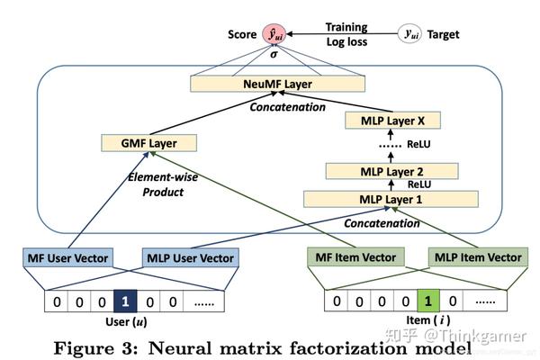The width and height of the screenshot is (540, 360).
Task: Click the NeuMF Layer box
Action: click(x=277, y=84)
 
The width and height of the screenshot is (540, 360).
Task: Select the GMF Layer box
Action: click(x=148, y=143)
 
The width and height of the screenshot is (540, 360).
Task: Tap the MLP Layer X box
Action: click(x=392, y=121)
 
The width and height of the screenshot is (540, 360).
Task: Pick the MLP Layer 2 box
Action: click(x=391, y=171)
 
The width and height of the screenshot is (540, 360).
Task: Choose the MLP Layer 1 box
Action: click(x=391, y=199)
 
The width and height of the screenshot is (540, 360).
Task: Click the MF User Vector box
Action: click(x=67, y=257)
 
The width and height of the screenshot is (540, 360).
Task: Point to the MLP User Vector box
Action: click(x=191, y=257)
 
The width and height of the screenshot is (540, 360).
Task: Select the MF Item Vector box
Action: click(x=355, y=257)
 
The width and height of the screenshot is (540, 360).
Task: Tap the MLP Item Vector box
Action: click(x=478, y=257)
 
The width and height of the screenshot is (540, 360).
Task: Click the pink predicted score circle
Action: click(x=274, y=34)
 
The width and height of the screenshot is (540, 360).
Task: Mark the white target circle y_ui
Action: click(x=409, y=34)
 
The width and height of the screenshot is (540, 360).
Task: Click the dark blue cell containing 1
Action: click(x=125, y=301)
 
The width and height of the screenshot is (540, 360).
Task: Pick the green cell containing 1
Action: click(x=428, y=301)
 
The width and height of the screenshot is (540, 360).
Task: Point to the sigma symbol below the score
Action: click(x=274, y=54)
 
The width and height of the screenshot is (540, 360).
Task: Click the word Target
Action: click(x=443, y=34)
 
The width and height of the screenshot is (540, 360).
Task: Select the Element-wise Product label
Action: click(x=163, y=184)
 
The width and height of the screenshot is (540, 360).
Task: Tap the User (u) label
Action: click(x=126, y=321)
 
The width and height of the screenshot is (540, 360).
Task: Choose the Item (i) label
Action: click(x=428, y=320)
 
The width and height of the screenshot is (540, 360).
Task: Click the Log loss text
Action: click(x=346, y=41)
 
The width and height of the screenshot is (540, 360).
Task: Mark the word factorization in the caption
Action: click(x=348, y=348)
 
